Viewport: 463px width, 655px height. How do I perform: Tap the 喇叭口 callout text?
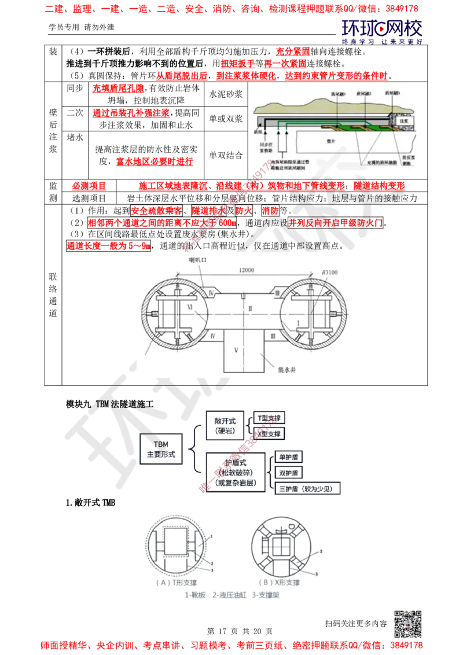coord(196,260)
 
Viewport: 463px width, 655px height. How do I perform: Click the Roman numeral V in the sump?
coord(236,349)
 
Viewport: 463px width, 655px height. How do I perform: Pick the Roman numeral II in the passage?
coord(250,309)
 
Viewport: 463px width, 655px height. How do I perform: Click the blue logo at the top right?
coord(382,32)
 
